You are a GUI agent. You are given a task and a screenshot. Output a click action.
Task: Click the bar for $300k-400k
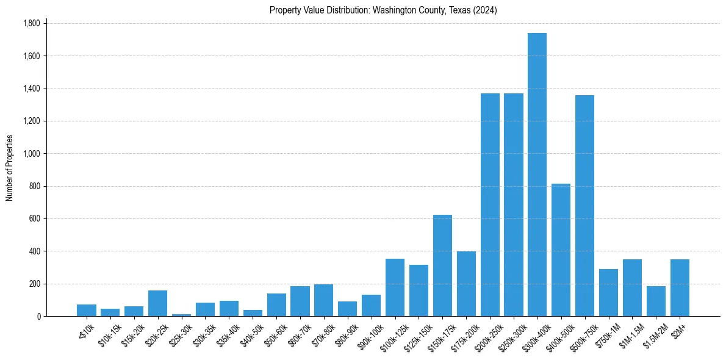537,175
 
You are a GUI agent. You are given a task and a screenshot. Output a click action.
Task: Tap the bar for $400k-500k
561,250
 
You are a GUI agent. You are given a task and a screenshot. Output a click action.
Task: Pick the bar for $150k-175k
442,265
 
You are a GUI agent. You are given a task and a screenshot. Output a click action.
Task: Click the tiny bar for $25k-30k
181,315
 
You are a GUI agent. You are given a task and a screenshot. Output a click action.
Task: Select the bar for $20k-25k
157,303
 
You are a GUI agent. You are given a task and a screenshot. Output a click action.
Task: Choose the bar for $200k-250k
490,205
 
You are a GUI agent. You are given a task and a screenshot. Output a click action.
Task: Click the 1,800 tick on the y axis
31,23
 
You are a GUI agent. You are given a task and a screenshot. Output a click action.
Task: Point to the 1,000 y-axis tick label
31,154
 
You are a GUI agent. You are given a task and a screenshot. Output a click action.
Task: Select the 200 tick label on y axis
34,284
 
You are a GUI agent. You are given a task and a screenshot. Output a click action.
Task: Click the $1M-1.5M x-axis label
628,334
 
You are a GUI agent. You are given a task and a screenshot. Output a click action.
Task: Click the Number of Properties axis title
9,167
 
